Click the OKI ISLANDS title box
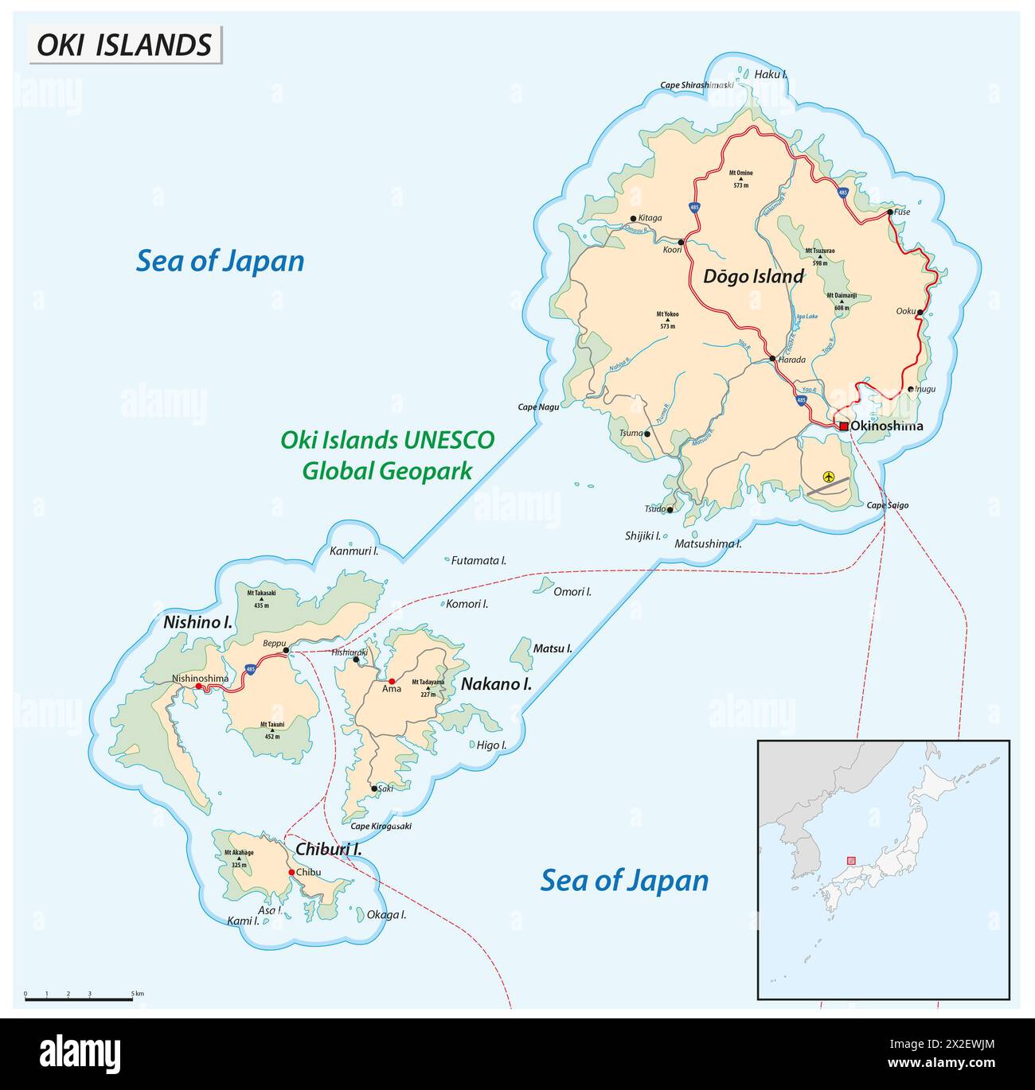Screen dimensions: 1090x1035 click(125, 45)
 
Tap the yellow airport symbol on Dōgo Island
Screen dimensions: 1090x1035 click(829, 477)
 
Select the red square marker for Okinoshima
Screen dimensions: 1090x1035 click(843, 426)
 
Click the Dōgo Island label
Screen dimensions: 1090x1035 click(752, 277)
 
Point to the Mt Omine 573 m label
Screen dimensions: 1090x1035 click(740, 178)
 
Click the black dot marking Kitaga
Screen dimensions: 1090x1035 click(633, 218)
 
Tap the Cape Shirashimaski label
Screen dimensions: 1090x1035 click(697, 85)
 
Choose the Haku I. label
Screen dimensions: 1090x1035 click(770, 74)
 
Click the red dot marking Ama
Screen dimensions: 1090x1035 click(391, 682)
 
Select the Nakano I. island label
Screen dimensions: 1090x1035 click(496, 683)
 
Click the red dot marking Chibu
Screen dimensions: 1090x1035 click(291, 872)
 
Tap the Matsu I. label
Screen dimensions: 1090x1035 click(553, 648)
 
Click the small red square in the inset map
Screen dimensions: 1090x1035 click(851, 860)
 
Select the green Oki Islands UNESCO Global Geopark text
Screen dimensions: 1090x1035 click(387, 455)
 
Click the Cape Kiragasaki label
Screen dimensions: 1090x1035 click(381, 826)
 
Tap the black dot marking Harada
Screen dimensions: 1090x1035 click(771, 360)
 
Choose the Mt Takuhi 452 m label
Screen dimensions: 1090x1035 click(272, 728)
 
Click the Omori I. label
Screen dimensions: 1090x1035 click(572, 591)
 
